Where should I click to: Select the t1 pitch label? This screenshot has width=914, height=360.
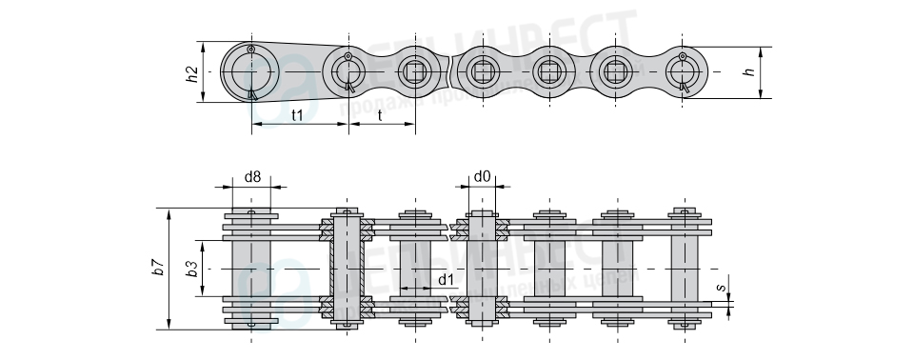pyautogui.click(x=296, y=115)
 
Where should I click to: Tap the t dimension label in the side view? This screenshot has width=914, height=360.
pyautogui.click(x=381, y=115)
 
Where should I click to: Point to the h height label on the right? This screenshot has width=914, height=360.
pyautogui.click(x=748, y=71)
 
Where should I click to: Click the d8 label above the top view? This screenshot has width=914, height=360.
pyautogui.click(x=252, y=176)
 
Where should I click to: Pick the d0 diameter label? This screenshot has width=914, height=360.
pyautogui.click(x=482, y=176)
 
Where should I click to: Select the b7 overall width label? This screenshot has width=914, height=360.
pyautogui.click(x=159, y=268)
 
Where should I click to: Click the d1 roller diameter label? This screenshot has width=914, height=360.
pyautogui.click(x=446, y=279)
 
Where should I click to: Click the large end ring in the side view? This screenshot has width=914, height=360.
pyautogui.click(x=250, y=71)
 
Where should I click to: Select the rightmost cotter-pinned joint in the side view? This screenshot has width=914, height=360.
pyautogui.click(x=684, y=70)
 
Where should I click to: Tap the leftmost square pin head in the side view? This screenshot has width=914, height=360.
pyautogui.click(x=414, y=70)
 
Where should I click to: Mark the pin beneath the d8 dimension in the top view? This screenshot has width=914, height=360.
pyautogui.click(x=251, y=269)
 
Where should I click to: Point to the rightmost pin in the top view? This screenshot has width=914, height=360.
pyautogui.click(x=684, y=269)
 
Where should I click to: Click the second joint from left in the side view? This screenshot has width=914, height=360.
pyautogui.click(x=348, y=70)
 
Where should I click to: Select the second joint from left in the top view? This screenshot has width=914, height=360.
pyautogui.click(x=348, y=269)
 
